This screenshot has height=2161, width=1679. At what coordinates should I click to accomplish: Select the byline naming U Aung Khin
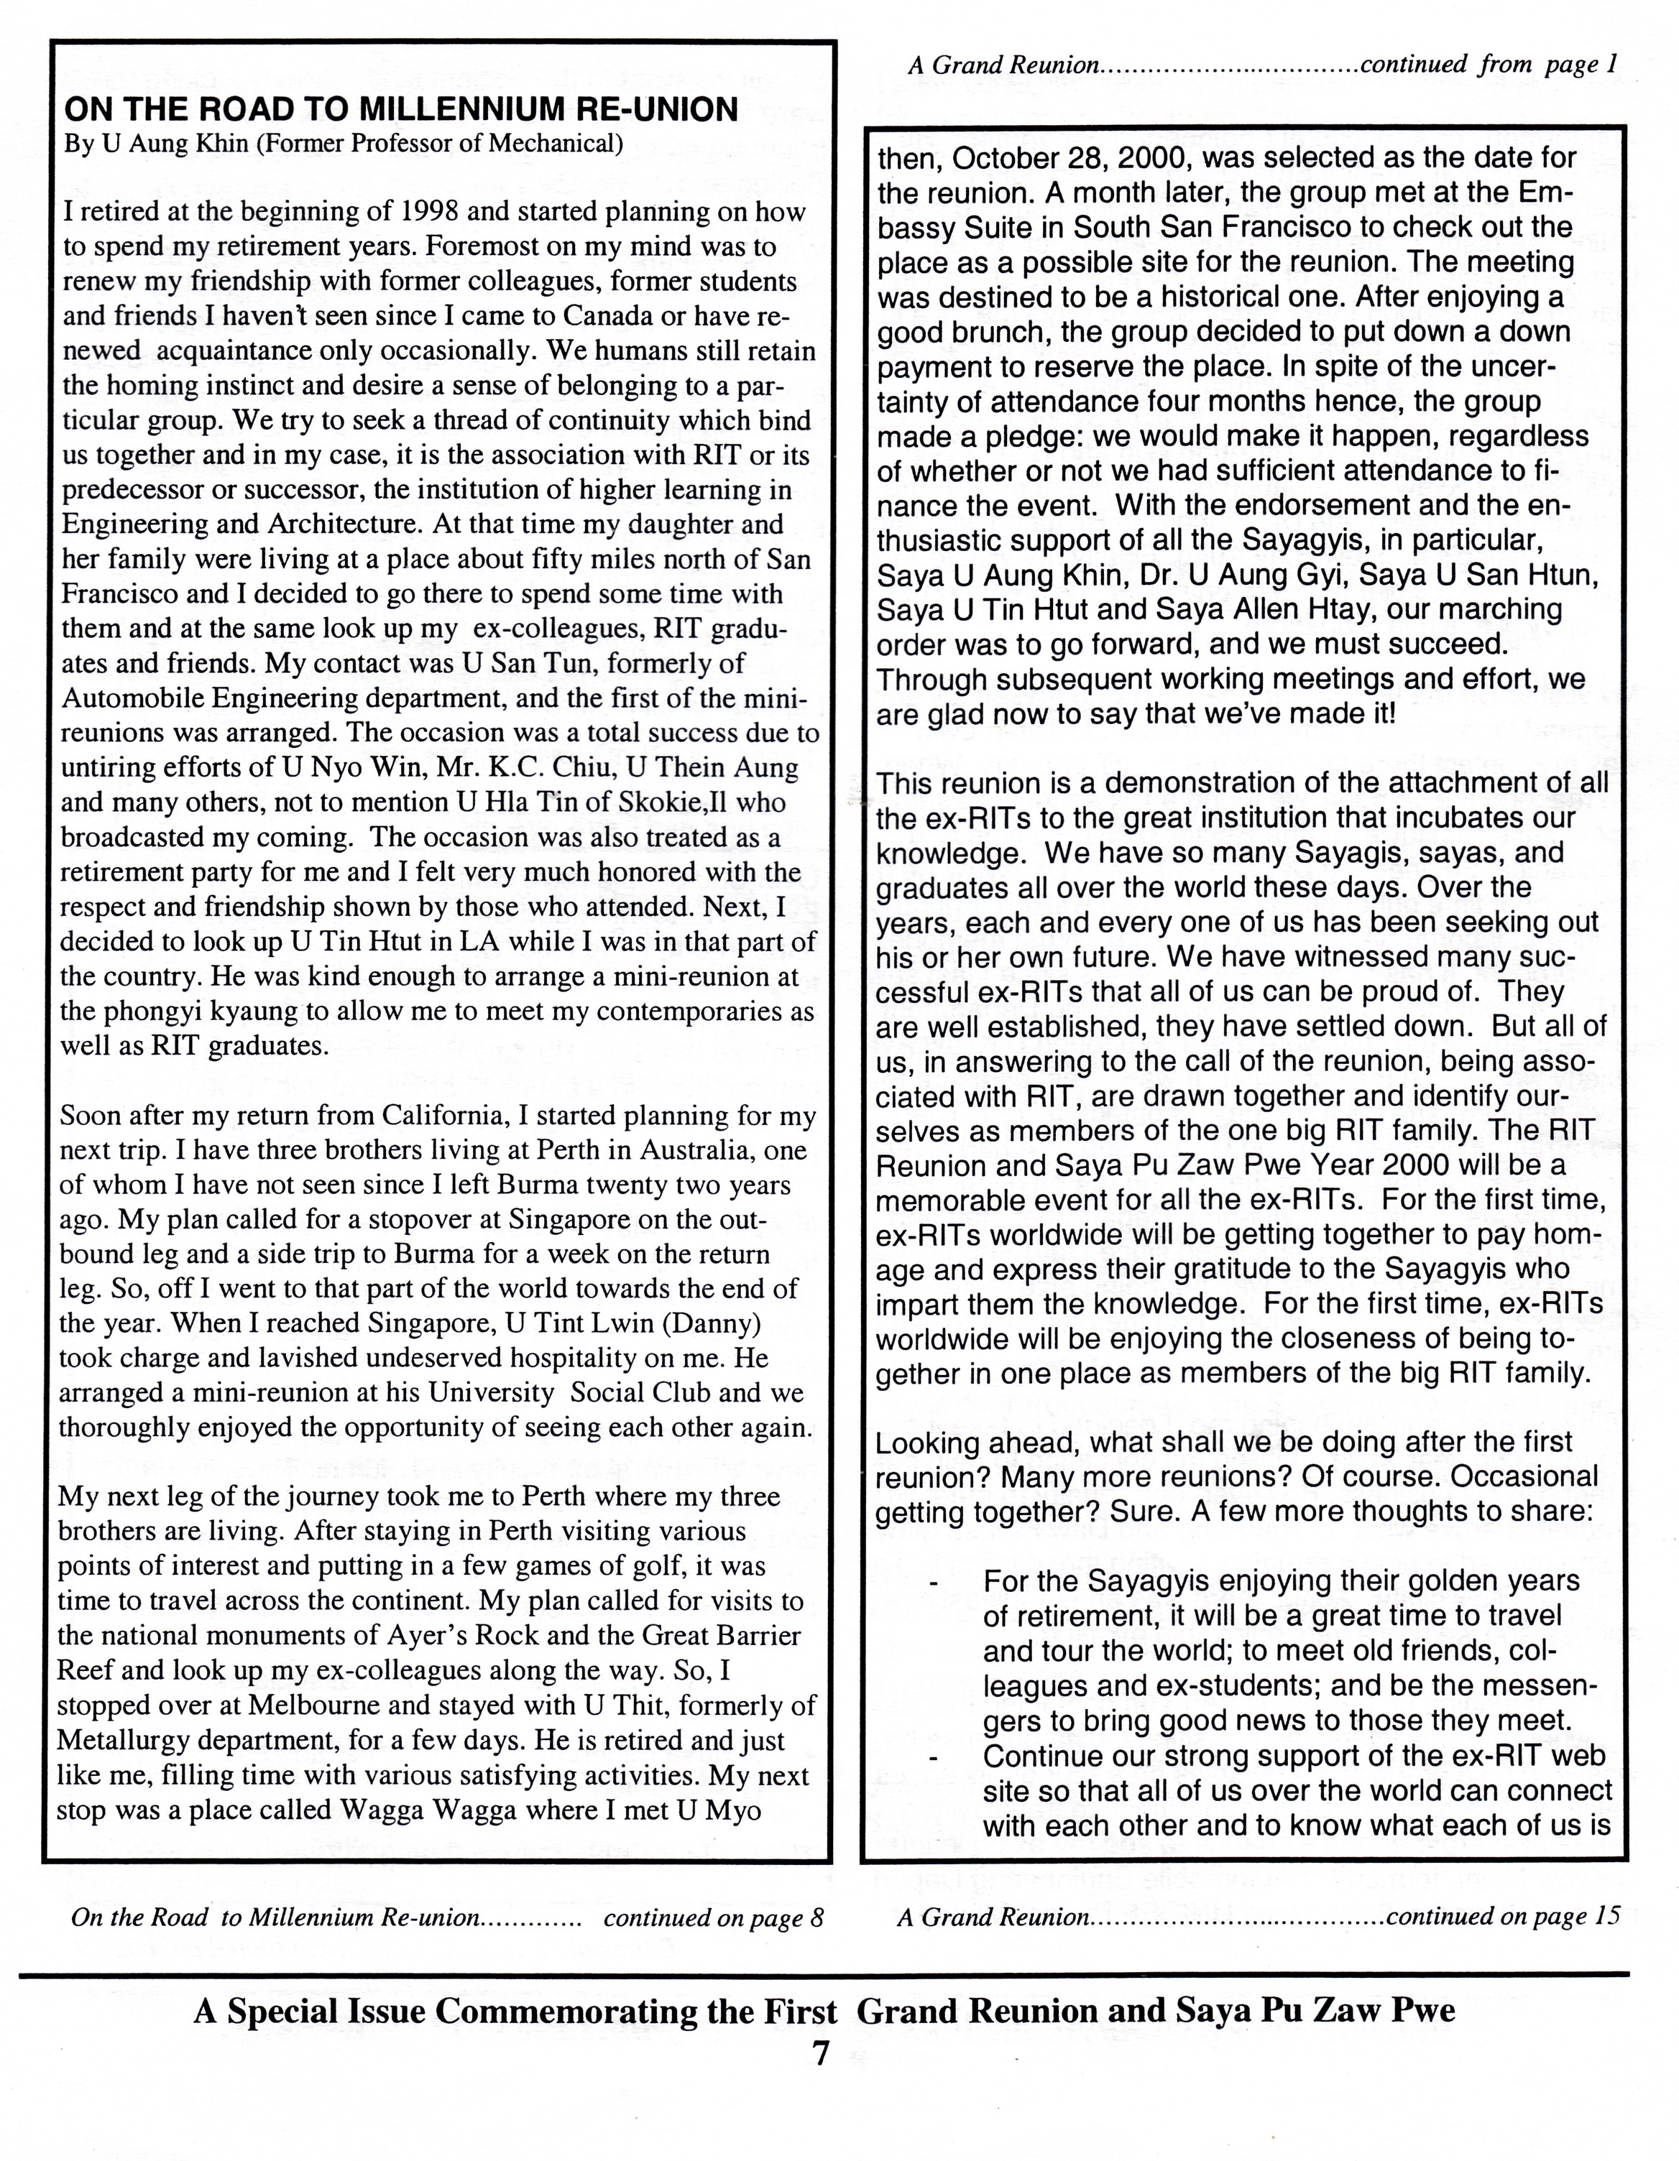coord(343,144)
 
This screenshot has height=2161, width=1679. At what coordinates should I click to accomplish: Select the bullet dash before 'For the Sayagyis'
coord(932,1583)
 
